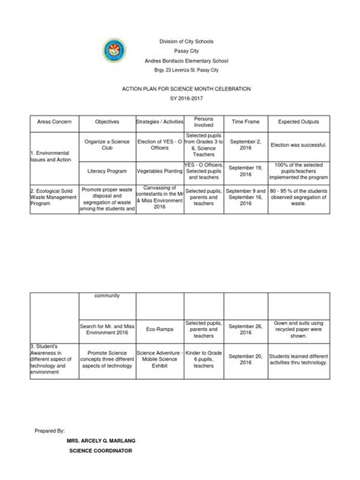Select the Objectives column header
[x=107, y=122]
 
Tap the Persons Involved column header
[x=203, y=122]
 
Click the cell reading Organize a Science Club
[x=107, y=144]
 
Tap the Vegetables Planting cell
[x=159, y=172]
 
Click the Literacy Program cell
[x=107, y=172]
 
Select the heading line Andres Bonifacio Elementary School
[x=180, y=60]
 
